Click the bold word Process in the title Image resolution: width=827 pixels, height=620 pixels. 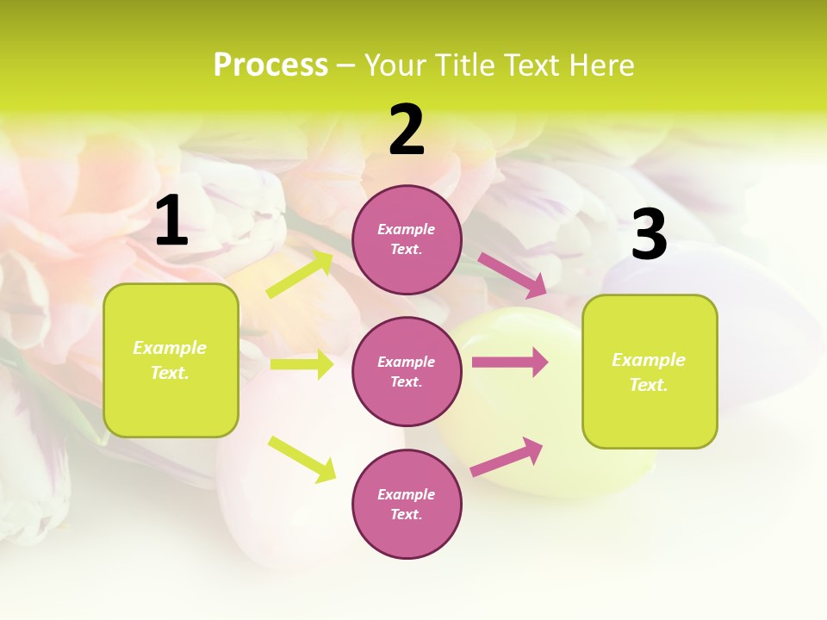pyautogui.click(x=270, y=65)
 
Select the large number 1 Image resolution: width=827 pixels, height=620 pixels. pyautogui.click(x=171, y=221)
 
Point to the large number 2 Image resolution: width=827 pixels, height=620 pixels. pyautogui.click(x=407, y=130)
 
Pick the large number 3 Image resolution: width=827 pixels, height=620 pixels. pyautogui.click(x=649, y=235)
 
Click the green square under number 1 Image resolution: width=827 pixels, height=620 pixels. pyautogui.click(x=171, y=360)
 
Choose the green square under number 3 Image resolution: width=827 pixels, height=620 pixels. pyautogui.click(x=650, y=371)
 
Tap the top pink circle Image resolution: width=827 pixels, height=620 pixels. pyautogui.click(x=407, y=239)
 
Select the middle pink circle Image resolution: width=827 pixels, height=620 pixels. pyautogui.click(x=407, y=371)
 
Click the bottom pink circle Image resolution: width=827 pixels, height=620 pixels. pyautogui.click(x=407, y=504)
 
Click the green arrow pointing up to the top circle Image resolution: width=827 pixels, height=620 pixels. pyautogui.click(x=300, y=274)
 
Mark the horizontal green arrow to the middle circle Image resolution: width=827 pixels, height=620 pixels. pyautogui.click(x=302, y=364)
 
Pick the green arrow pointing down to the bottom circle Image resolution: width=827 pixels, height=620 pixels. pyautogui.click(x=302, y=459)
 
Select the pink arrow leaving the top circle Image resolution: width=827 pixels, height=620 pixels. pyautogui.click(x=512, y=276)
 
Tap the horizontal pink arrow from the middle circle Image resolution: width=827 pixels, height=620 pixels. pyautogui.click(x=510, y=363)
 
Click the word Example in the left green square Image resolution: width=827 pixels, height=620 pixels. pyautogui.click(x=170, y=348)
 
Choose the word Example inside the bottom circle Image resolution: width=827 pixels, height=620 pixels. pyautogui.click(x=407, y=494)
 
